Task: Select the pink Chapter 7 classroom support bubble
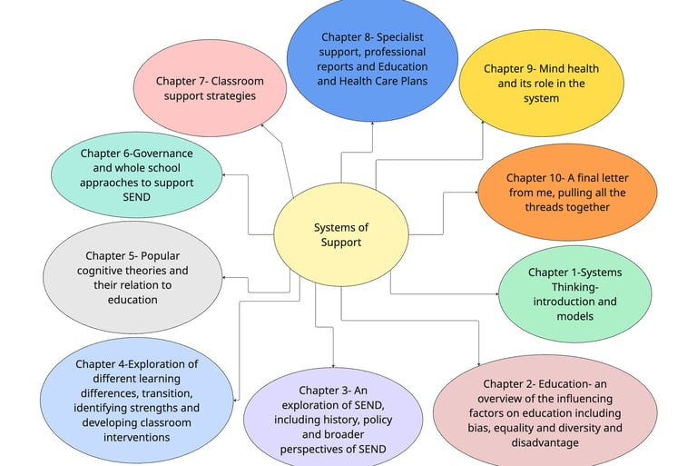(204, 88)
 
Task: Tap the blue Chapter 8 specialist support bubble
(372, 59)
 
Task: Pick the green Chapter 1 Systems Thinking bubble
(574, 294)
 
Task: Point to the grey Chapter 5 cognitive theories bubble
(133, 278)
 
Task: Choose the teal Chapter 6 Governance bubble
(136, 175)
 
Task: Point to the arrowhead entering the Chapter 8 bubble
(372, 124)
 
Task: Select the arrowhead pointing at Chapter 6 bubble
(224, 175)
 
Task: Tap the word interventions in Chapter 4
(137, 437)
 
